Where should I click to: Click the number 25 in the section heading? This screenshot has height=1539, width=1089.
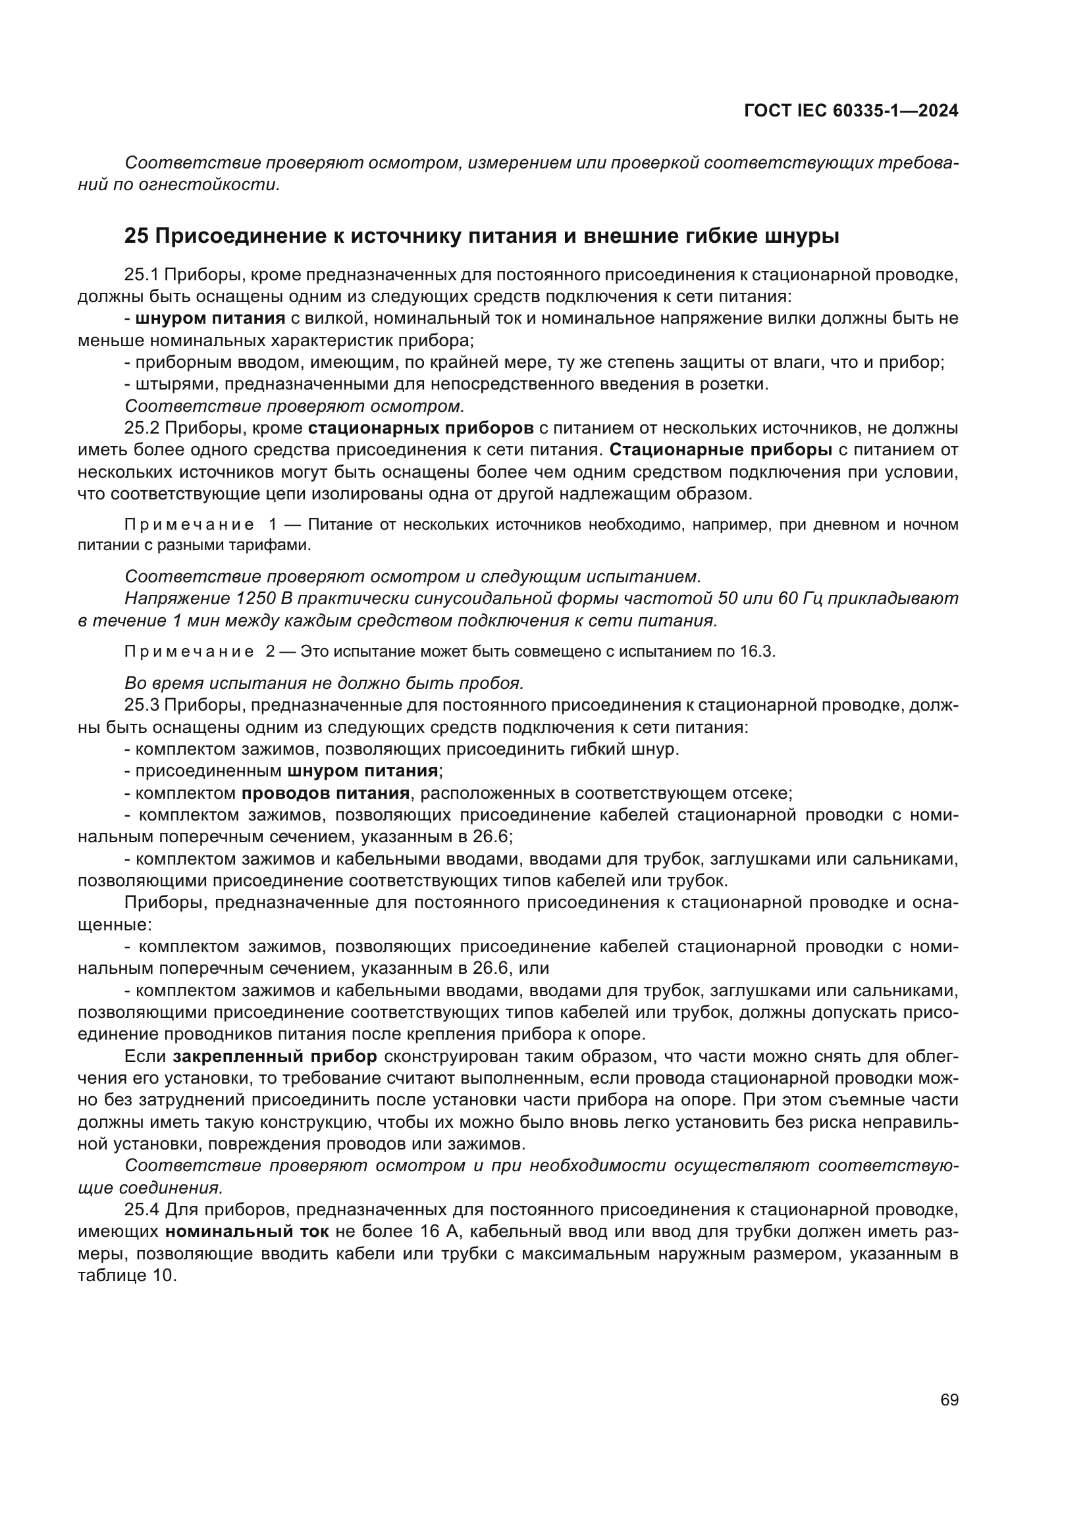136,237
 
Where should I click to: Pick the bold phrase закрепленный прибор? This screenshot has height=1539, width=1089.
275,1057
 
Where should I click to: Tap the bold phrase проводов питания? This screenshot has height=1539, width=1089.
325,794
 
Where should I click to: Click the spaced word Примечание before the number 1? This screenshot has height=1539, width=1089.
189,524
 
